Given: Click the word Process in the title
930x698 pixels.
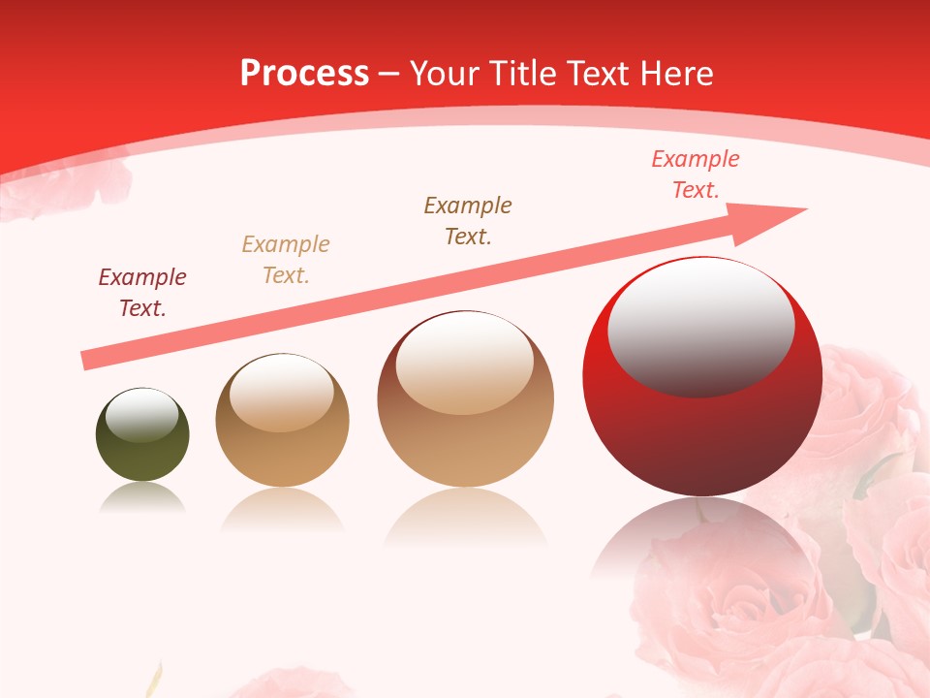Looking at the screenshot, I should (x=304, y=73).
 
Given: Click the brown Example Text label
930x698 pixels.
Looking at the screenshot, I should (x=468, y=220).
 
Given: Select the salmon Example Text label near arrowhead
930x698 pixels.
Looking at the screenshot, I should (x=696, y=174).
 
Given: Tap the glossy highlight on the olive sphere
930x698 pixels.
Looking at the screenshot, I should (x=141, y=415).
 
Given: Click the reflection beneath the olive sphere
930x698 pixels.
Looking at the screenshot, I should (x=142, y=497).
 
